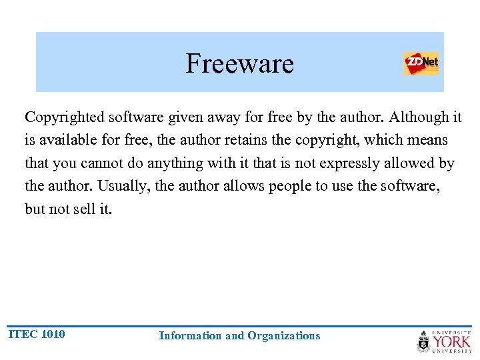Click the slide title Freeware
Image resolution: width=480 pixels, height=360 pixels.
point(239,64)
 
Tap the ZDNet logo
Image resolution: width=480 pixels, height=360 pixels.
point(421,64)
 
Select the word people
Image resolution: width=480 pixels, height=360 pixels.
point(291,186)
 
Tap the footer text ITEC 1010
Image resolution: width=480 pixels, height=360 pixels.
point(36,334)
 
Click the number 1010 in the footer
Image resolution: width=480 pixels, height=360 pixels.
point(53,334)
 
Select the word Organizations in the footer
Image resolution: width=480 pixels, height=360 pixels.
point(283,336)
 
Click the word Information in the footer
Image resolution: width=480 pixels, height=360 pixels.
point(191,336)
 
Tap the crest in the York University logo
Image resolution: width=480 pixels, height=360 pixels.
point(424,341)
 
